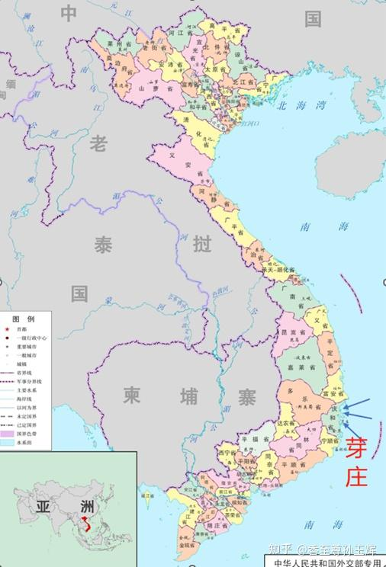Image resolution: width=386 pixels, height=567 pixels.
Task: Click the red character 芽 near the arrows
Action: pyautogui.click(x=356, y=448)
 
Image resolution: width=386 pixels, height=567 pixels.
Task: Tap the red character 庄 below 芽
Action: pyautogui.click(x=356, y=476)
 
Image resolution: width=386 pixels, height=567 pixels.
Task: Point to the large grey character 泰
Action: pyautogui.click(x=104, y=245)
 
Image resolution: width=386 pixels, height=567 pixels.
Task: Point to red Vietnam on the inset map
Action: pyautogui.click(x=84, y=526)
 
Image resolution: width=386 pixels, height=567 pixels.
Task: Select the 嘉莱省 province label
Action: pyautogui.click(x=299, y=368)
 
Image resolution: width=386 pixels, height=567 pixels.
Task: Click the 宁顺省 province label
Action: pyautogui.click(x=329, y=440)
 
